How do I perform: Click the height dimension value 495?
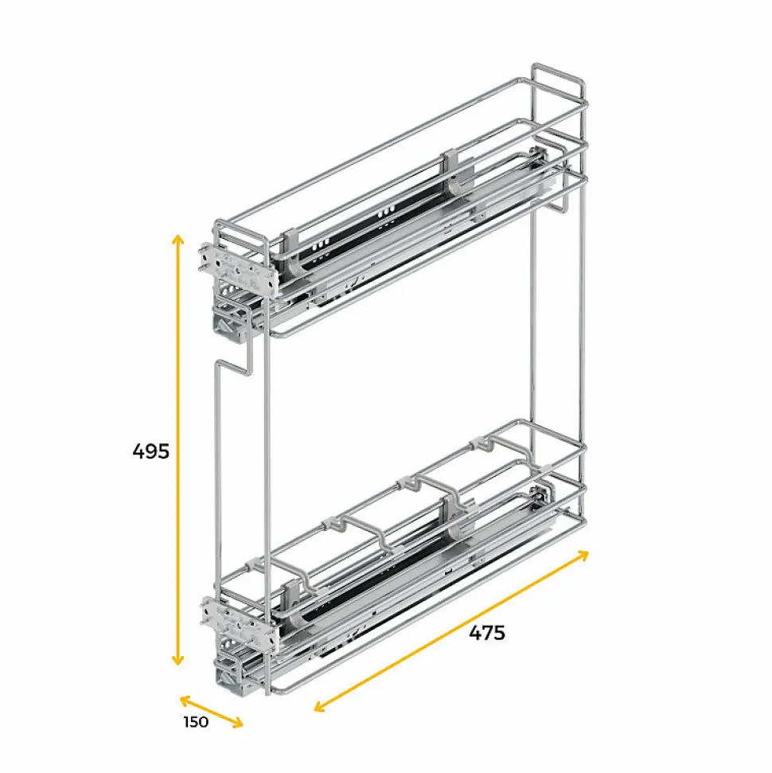151,451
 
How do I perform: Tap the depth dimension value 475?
487,633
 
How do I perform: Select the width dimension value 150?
195,722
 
